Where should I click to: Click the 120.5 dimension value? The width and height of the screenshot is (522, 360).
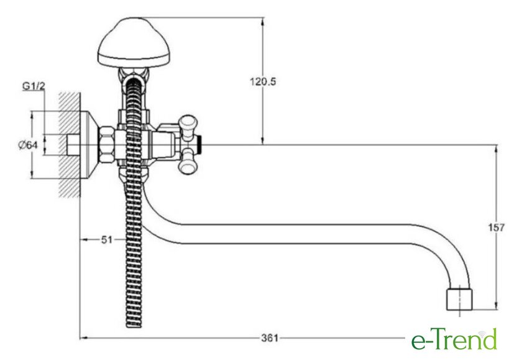pyautogui.click(x=263, y=81)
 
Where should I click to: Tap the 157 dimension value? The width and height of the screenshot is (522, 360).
pyautogui.click(x=497, y=228)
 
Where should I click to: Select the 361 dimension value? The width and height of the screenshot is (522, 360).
pyautogui.click(x=269, y=338)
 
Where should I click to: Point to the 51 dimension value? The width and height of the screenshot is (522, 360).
pyautogui.click(x=106, y=239)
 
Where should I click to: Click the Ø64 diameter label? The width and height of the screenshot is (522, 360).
pyautogui.click(x=28, y=145)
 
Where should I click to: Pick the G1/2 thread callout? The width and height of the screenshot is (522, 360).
pyautogui.click(x=34, y=86)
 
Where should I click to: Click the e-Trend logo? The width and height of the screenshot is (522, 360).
pyautogui.click(x=454, y=339)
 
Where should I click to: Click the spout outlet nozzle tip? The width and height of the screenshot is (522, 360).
pyautogui.click(x=459, y=300)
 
